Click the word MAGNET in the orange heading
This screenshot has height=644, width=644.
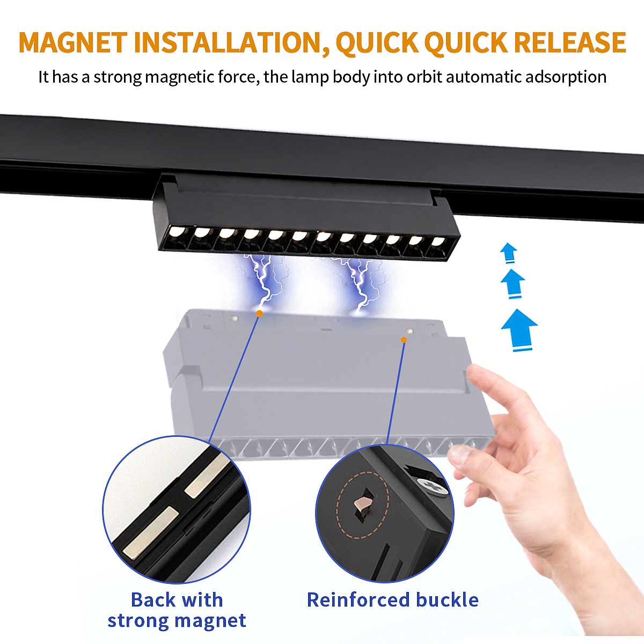(73, 42)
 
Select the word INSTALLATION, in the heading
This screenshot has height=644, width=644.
(232, 43)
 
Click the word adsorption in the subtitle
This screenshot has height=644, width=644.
(566, 77)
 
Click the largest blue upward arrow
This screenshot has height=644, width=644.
(519, 330)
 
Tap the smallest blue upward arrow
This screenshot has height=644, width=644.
(508, 253)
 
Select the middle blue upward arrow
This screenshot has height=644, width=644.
(513, 284)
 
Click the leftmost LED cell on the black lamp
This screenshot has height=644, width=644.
(176, 237)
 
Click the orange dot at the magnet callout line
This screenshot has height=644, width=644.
(259, 313)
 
